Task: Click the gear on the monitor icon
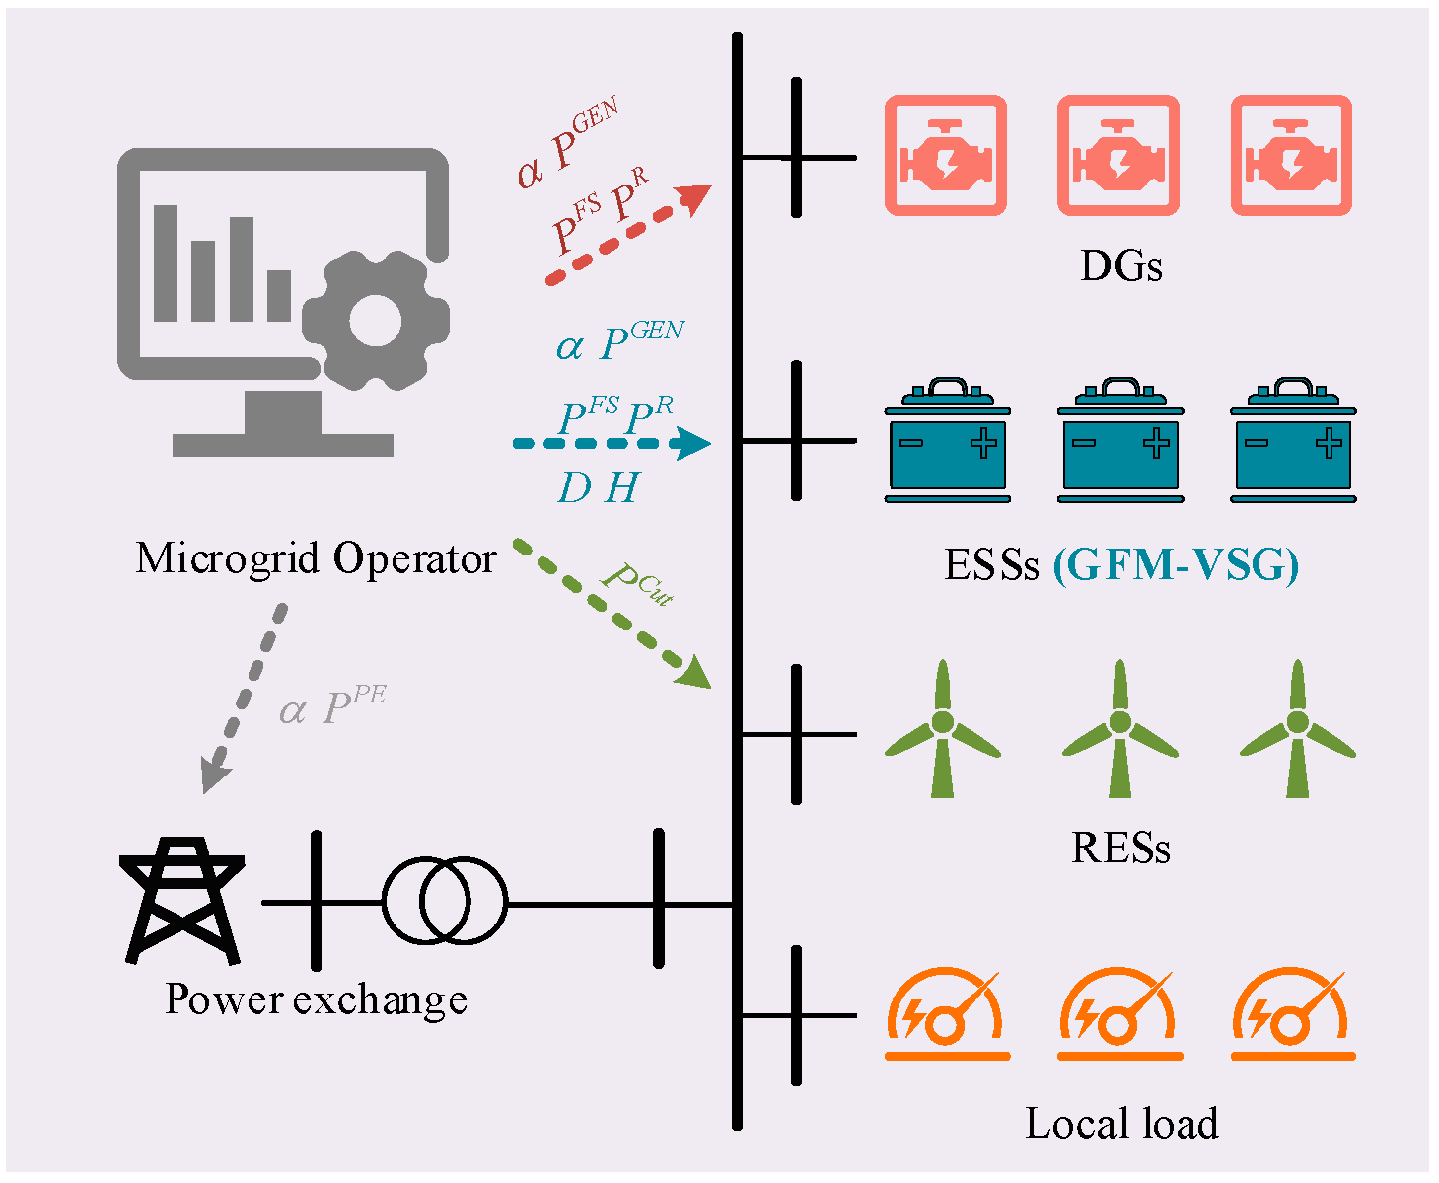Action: click(375, 322)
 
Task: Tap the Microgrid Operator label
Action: click(315, 558)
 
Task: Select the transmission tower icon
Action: click(182, 900)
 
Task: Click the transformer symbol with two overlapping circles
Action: click(445, 902)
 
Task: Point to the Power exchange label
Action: click(316, 999)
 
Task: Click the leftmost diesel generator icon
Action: click(945, 156)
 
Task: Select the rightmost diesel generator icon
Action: click(1291, 156)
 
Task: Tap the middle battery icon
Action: click(1119, 440)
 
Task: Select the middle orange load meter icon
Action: click(1119, 1016)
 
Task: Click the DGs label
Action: click(1120, 266)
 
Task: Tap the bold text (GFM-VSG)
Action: click(1176, 565)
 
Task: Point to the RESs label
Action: click(1120, 849)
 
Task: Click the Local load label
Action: click(1121, 1124)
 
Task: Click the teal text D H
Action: click(599, 488)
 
